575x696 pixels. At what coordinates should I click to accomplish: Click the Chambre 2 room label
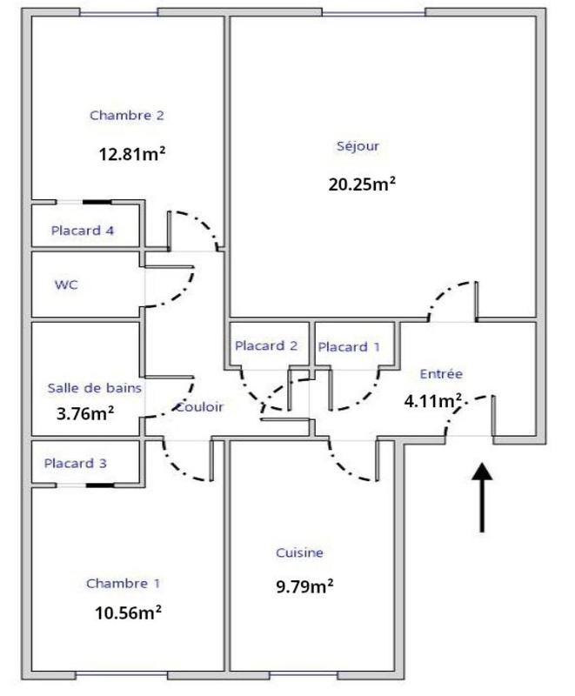coord(127,115)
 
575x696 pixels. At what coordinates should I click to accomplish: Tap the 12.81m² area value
coord(132,155)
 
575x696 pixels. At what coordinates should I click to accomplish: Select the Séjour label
coord(358,146)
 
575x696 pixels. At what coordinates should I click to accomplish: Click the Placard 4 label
coord(83,231)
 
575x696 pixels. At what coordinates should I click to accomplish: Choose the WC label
coord(66,284)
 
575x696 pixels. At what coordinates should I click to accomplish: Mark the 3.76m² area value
coord(85,413)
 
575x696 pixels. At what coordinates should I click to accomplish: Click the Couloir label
coord(199,406)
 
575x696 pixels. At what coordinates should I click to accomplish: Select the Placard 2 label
coord(266,345)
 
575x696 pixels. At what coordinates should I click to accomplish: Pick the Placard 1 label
coord(349,346)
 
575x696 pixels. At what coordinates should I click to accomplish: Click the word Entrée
coord(441,373)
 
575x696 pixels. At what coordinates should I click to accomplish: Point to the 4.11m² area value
coord(432,401)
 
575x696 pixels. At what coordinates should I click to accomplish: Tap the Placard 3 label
coord(76,463)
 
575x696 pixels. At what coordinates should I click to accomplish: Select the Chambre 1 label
coord(123,584)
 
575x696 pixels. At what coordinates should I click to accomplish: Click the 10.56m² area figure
coord(128,612)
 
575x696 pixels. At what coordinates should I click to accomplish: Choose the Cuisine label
coord(300,552)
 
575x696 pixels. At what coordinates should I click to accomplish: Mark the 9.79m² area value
coord(304,586)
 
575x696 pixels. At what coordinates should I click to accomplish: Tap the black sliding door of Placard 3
coord(98,485)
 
